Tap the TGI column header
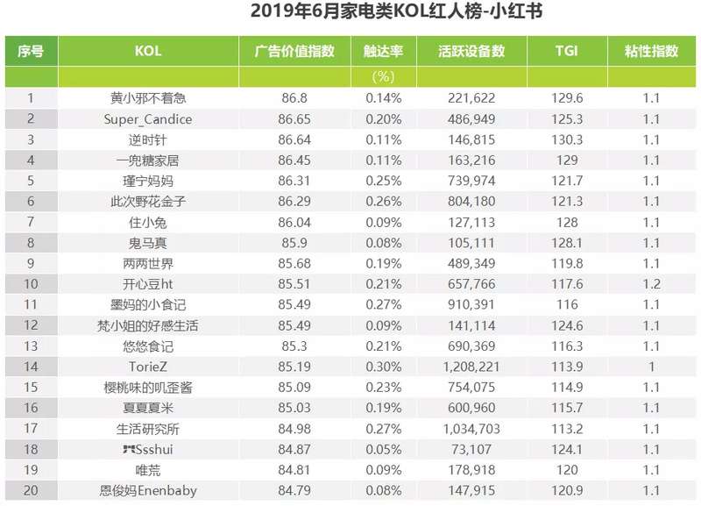point(567,52)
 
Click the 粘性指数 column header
point(651,52)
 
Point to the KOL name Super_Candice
point(148,119)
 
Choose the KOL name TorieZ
point(148,367)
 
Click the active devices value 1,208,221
point(471,367)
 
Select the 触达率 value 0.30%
point(383,367)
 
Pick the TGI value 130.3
point(568,139)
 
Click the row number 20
point(31,490)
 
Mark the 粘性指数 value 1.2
point(651,284)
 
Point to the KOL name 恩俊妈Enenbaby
point(148,490)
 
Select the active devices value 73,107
point(471,449)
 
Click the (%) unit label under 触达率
point(383,77)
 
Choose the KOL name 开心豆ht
point(148,284)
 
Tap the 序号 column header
point(31,52)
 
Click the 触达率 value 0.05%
point(383,449)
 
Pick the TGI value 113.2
point(568,429)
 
